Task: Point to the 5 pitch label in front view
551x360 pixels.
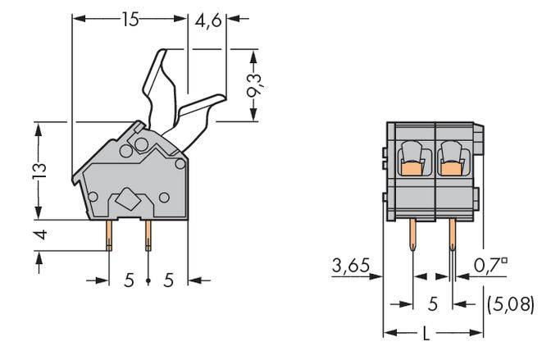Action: [432, 304]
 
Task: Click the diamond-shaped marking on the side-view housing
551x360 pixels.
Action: [128, 198]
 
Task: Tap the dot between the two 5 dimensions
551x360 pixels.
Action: [148, 280]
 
